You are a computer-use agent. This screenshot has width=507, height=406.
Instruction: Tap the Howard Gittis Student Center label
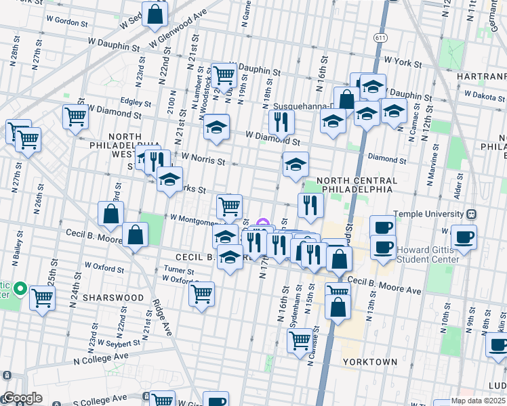coord(431,254)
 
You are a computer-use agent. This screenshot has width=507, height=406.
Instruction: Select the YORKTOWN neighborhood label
coord(370,362)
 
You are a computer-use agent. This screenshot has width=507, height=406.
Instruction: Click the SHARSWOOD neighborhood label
coord(113,298)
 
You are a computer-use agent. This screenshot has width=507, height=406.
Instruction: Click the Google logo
coord(22,399)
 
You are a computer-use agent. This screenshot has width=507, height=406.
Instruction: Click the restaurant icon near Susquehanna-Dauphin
coord(281,122)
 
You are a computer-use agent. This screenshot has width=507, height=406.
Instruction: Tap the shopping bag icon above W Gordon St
coord(155,14)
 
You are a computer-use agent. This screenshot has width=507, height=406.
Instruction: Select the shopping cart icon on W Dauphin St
coord(223,75)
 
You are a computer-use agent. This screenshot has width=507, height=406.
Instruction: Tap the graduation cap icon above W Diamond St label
coord(216,127)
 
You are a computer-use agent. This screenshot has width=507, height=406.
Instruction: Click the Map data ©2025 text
coord(479,401)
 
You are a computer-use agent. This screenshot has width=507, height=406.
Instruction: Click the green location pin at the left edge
coord(20,291)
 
